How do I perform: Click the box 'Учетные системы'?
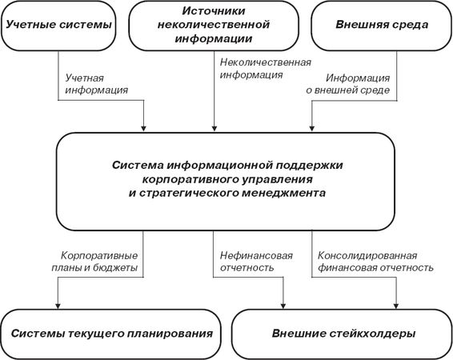pyautogui.click(x=58, y=26)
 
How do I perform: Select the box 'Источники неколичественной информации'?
pyautogui.click(x=214, y=26)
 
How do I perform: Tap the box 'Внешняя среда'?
pyautogui.click(x=382, y=26)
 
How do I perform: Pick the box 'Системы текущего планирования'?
pyautogui.click(x=111, y=334)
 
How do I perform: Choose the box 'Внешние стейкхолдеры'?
pyautogui.click(x=343, y=334)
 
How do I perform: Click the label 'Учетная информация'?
pyautogui.click(x=97, y=84)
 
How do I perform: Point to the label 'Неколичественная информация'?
pyautogui.click(x=266, y=69)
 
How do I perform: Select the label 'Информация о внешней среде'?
pyautogui.click(x=348, y=84)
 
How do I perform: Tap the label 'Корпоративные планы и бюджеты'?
pyautogui.click(x=94, y=262)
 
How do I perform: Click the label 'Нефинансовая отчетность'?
pyautogui.click(x=256, y=262)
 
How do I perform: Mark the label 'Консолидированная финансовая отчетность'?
pyautogui.click(x=375, y=262)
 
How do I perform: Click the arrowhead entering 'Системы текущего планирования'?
pyautogui.click(x=58, y=306)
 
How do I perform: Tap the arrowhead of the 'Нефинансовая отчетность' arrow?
pyautogui.click(x=283, y=306)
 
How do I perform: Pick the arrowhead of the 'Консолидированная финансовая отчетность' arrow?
pyautogui.click(x=396, y=306)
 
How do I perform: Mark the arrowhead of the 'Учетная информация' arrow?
pyautogui.click(x=143, y=128)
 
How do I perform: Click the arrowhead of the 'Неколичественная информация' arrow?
pyautogui.click(x=214, y=128)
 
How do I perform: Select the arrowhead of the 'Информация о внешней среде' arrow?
pyautogui.click(x=311, y=128)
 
